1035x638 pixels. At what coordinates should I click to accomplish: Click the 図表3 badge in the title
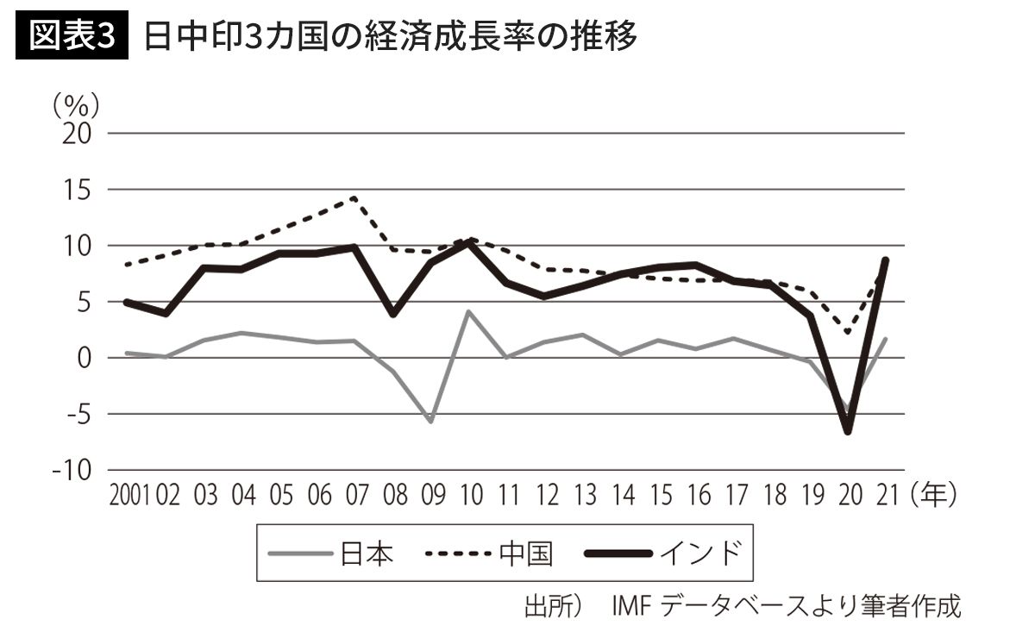pos(72,37)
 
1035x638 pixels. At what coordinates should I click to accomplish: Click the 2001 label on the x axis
pos(130,497)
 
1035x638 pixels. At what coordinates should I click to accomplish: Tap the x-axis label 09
pos(430,497)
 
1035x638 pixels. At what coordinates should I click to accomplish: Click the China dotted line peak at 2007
pos(354,197)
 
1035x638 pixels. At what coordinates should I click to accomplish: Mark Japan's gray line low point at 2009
pos(430,422)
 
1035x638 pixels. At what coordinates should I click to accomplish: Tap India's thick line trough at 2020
pos(848,431)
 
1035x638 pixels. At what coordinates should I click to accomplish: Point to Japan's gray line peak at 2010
pos(468,311)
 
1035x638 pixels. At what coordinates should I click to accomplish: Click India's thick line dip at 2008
pos(392,315)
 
